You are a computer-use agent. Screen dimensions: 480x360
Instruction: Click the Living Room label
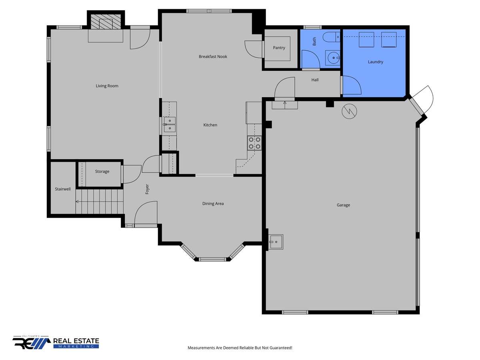pos(107,86)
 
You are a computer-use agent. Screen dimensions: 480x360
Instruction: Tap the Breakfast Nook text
pos(213,56)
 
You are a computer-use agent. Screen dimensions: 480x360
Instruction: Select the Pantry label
pos(279,48)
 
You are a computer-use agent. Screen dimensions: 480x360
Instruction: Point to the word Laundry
pos(375,62)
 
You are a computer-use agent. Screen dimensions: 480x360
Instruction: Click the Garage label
pos(343,205)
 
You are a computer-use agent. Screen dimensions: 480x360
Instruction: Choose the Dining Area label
pos(213,204)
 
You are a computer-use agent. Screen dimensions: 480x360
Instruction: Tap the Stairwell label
pos(63,189)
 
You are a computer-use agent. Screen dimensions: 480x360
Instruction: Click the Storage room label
pos(102,171)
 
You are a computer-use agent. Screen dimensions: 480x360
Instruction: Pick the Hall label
pos(315,80)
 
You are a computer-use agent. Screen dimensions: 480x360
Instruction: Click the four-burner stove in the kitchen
pos(254,143)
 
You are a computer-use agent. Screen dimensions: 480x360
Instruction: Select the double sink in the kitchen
pos(170,124)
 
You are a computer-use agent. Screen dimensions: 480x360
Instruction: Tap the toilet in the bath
pos(331,37)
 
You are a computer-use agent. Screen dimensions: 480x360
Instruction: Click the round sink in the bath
pos(333,58)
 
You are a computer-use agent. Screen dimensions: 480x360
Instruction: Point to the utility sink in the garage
pos(276,242)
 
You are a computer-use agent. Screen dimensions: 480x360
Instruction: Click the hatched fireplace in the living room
pos(106,22)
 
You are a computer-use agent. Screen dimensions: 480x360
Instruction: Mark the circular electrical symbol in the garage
pos(349,112)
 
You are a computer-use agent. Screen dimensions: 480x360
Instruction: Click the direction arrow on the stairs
pos(100,202)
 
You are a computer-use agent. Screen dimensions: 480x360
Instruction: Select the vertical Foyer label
pos(147,189)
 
